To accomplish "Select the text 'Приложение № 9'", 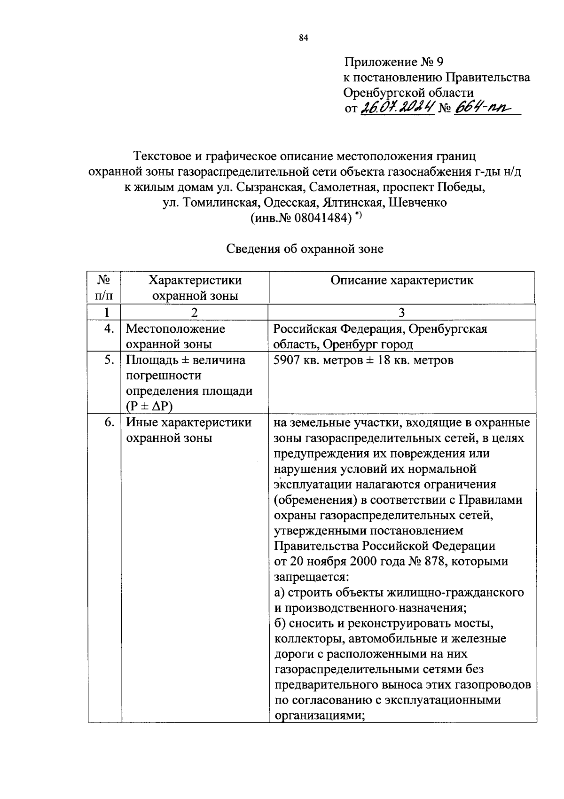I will tap(394, 62).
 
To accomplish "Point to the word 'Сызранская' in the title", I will tap(266, 187).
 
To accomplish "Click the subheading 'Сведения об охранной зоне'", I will tap(305, 249).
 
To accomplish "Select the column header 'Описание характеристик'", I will tap(402, 281).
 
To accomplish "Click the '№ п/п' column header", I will tap(104, 288).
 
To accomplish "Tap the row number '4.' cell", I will tap(109, 329).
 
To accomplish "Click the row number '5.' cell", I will tap(109, 360).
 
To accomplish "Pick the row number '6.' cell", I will tap(109, 422).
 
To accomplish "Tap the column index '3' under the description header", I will tap(402, 313).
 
